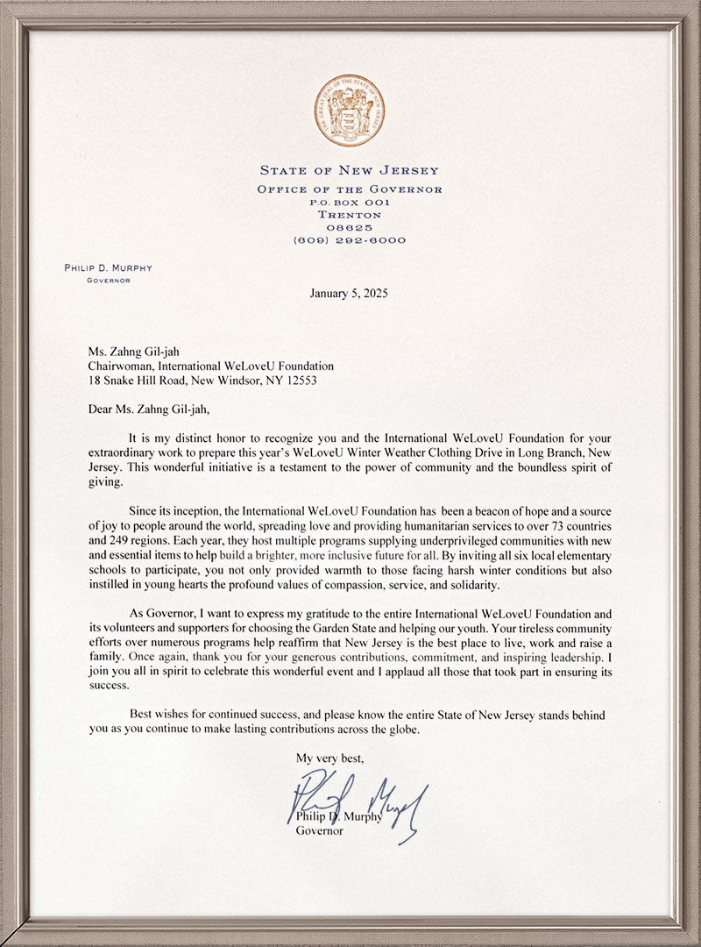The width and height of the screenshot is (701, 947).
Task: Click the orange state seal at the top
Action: tap(350, 110)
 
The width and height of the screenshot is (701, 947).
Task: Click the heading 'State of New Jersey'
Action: tap(350, 170)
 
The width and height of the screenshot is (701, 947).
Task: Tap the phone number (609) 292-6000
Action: tap(350, 240)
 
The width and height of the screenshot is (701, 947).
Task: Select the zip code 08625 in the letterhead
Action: tap(350, 227)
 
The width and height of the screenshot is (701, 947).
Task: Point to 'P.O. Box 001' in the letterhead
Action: tap(350, 202)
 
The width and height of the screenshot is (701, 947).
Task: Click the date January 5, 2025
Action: tap(349, 293)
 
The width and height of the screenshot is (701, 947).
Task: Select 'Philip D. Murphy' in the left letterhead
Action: tap(108, 268)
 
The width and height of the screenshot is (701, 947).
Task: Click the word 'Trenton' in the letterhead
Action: tap(350, 215)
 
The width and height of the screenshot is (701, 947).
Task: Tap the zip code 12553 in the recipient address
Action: tap(296, 381)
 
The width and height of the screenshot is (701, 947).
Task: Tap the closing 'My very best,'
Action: tap(329, 757)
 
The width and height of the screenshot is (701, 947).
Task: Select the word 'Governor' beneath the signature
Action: tap(321, 830)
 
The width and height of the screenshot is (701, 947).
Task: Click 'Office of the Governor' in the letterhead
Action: tap(350, 189)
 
